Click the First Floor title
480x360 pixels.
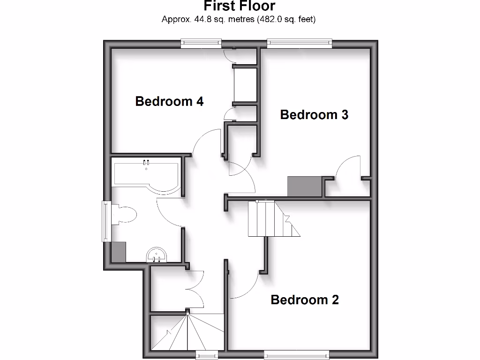point(240,6)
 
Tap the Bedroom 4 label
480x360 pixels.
point(169,101)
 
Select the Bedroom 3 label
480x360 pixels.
point(314,115)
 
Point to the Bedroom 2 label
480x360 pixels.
point(305,300)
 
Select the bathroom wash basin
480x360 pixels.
point(157,255)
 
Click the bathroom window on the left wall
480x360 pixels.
point(107,221)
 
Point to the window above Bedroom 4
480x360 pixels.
point(202,43)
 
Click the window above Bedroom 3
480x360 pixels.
point(300,43)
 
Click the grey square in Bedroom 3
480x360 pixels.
point(305,187)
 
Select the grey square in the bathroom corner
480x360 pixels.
point(119,252)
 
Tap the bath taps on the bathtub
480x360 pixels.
point(146,163)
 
